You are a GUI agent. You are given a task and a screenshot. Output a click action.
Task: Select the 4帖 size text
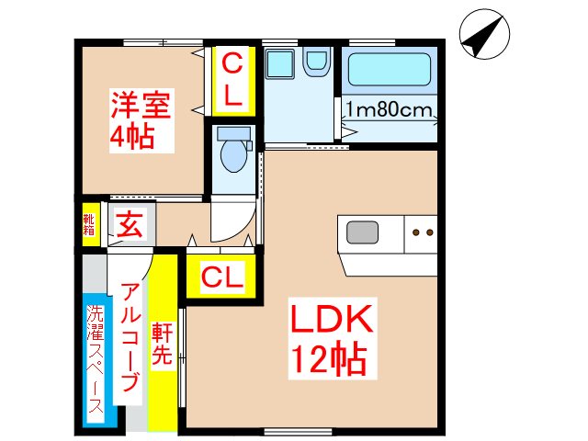131,138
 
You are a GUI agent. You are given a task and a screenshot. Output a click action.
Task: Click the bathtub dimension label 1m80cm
390,111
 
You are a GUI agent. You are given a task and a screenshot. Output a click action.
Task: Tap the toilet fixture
232,153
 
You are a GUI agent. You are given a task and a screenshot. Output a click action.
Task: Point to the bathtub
390,70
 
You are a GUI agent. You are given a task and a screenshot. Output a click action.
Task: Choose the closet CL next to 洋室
232,79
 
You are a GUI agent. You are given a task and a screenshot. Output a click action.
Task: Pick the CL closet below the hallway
221,276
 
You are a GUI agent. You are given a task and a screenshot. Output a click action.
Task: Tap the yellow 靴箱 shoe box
89,224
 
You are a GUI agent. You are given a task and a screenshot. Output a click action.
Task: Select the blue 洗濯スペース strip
96,363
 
